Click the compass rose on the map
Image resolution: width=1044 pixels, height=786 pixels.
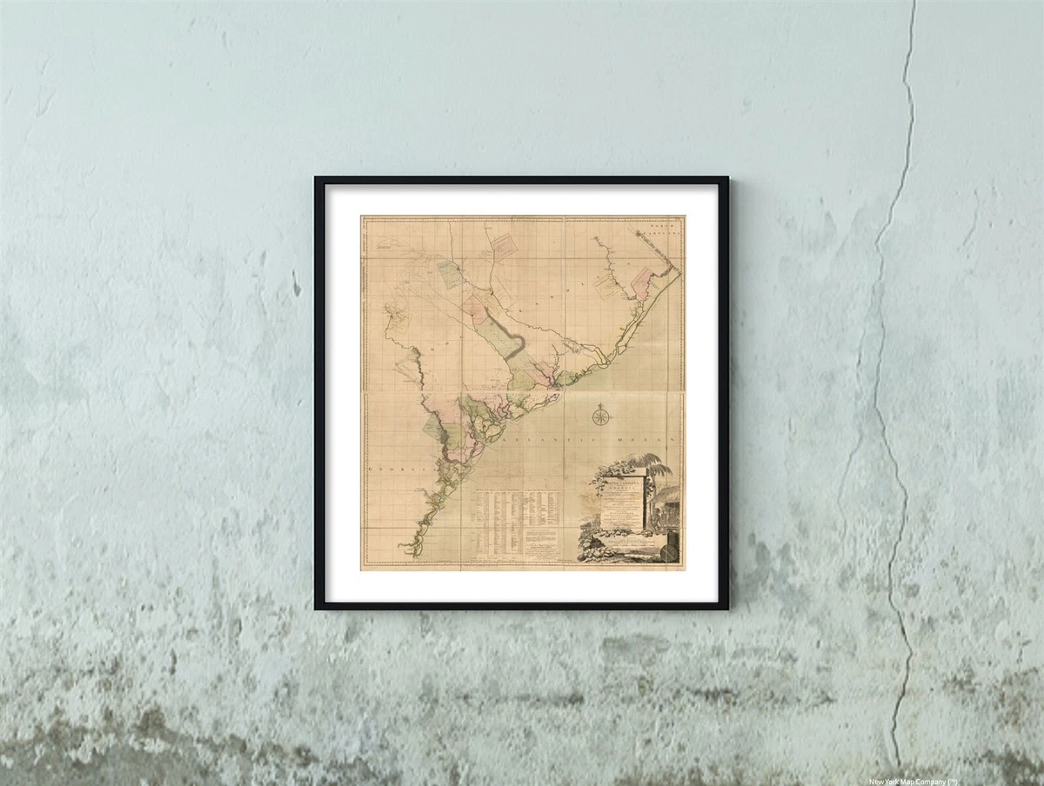600,416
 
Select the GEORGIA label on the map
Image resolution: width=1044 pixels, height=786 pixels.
391,469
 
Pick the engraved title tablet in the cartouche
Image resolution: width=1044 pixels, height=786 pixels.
619,499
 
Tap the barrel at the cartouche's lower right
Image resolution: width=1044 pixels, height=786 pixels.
668,548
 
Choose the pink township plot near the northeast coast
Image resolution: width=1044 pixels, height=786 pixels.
640,283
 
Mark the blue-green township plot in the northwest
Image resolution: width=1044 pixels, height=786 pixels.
452,273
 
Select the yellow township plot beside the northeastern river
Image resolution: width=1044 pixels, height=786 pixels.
608,288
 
